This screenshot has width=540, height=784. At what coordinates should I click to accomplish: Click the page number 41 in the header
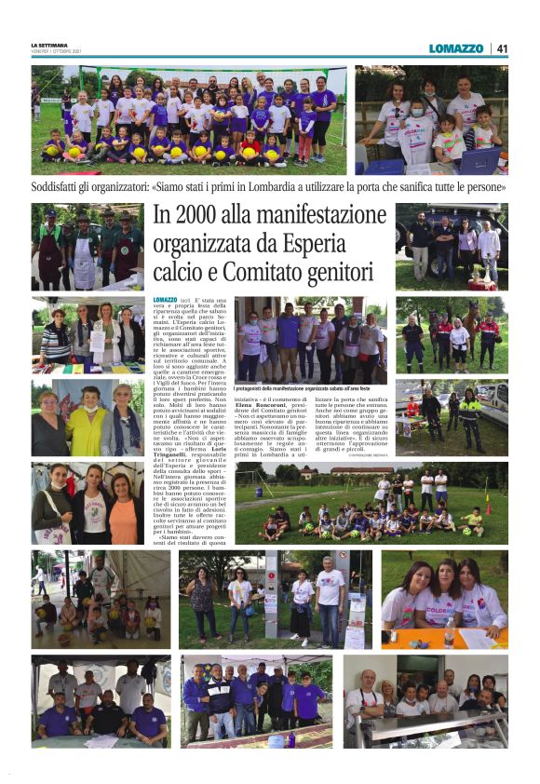[502, 48]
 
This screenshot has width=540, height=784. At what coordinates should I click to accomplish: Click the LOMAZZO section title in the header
[456, 48]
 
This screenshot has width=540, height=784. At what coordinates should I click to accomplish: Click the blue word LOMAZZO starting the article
[164, 300]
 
